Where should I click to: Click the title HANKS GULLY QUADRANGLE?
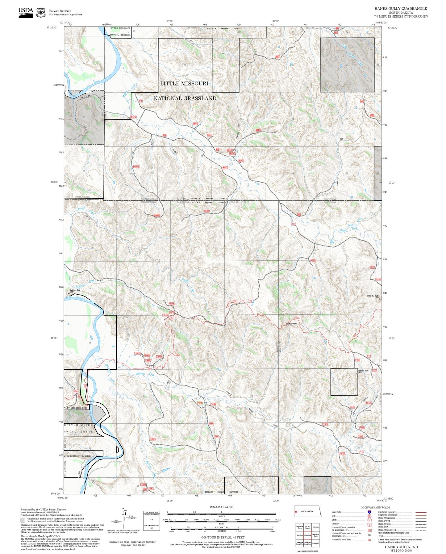click(x=401, y=9)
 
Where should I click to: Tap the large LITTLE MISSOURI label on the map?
click(x=184, y=83)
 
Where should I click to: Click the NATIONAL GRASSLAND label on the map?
click(x=185, y=98)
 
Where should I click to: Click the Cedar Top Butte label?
click(x=372, y=296)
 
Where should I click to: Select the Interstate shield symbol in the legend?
click(x=369, y=512)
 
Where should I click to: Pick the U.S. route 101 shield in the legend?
click(x=369, y=516)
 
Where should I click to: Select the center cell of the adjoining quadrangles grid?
click(x=307, y=535)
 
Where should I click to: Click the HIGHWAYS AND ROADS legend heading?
click(x=376, y=507)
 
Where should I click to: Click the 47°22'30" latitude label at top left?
click(x=52, y=27)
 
